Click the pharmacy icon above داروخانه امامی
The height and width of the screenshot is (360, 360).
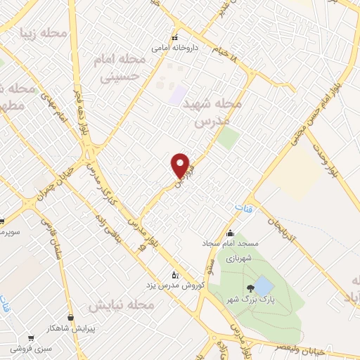pos(174,38)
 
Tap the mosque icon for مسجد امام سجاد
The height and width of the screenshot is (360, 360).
pos(230,233)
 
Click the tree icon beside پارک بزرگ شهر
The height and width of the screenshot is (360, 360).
pos(250,288)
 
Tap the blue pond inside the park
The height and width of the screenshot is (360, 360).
pos(263,285)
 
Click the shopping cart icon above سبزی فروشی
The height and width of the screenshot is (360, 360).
pos(30,338)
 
